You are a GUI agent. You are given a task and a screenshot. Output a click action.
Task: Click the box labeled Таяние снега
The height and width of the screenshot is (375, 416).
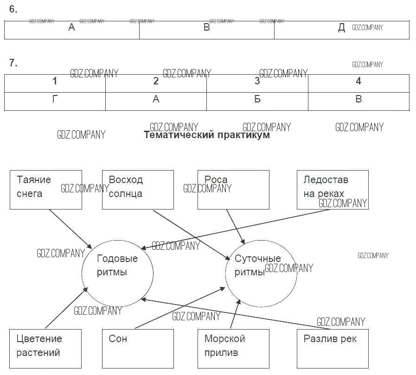(45, 189)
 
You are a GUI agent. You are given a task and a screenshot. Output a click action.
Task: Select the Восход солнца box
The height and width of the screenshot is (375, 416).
(138, 189)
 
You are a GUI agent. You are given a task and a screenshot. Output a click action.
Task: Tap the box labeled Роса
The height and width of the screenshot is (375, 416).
(233, 189)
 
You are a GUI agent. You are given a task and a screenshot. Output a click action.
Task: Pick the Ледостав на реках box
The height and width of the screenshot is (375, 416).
(333, 189)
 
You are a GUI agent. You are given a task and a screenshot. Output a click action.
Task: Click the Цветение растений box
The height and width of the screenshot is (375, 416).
(45, 349)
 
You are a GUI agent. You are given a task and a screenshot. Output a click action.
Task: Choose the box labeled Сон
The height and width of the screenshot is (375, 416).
(138, 349)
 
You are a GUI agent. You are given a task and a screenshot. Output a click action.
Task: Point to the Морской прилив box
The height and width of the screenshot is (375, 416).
(233, 349)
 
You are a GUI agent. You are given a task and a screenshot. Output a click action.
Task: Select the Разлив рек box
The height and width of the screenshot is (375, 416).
(333, 349)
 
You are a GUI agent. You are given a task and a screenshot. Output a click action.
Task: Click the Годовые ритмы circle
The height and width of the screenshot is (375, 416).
(117, 273)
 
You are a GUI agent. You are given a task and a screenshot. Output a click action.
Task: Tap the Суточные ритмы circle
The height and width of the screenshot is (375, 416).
(261, 273)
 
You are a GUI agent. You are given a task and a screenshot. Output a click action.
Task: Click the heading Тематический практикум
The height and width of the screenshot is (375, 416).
(206, 135)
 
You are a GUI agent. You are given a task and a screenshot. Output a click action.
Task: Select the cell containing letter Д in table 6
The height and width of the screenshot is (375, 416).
(342, 30)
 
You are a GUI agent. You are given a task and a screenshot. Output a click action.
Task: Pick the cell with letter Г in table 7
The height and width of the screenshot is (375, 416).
(55, 102)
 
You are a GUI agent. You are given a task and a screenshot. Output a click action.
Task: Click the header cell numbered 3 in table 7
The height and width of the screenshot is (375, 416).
(257, 83)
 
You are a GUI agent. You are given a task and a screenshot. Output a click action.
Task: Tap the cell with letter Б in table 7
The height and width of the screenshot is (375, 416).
(257, 102)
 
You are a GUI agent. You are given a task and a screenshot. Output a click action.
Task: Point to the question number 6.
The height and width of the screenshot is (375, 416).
(13, 9)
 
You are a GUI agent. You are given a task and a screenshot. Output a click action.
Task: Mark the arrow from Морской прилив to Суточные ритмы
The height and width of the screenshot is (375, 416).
(236, 314)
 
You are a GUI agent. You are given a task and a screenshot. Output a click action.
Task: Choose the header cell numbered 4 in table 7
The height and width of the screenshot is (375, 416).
(358, 83)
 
